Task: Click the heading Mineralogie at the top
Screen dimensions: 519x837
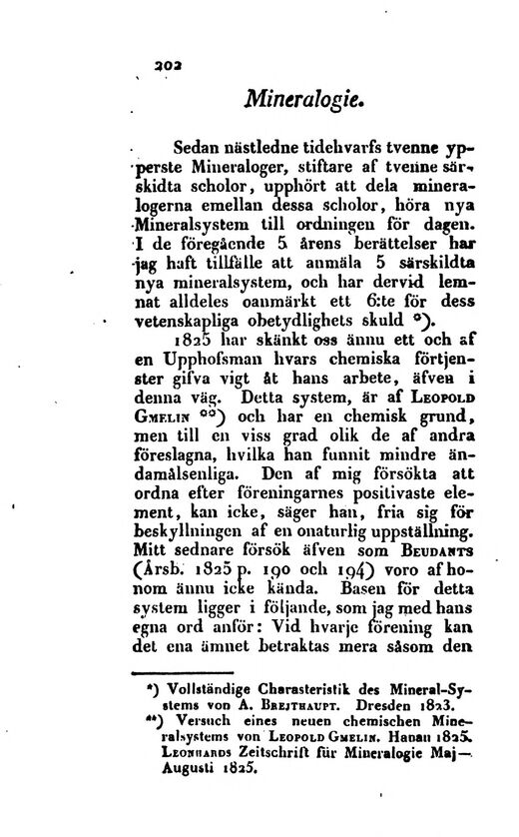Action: point(310,100)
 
